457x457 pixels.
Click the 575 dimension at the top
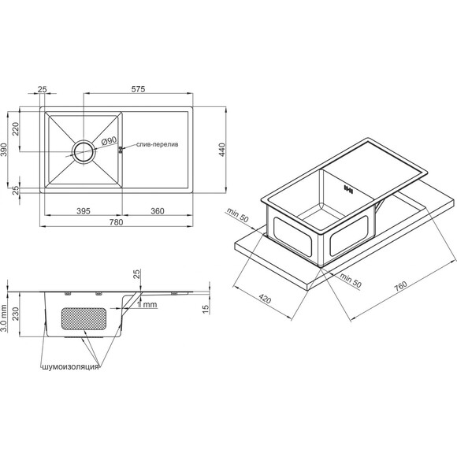click(x=138, y=89)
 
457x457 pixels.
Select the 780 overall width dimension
click(x=116, y=222)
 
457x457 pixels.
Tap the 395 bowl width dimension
click(x=84, y=211)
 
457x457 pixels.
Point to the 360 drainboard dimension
click(x=158, y=211)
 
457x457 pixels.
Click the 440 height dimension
click(x=222, y=150)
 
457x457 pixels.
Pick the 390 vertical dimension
click(x=4, y=150)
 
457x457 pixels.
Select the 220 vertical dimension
click(x=16, y=129)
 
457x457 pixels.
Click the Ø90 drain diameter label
click(x=109, y=141)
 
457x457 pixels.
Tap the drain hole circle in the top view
click(x=84, y=151)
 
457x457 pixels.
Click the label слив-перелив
click(x=157, y=144)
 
